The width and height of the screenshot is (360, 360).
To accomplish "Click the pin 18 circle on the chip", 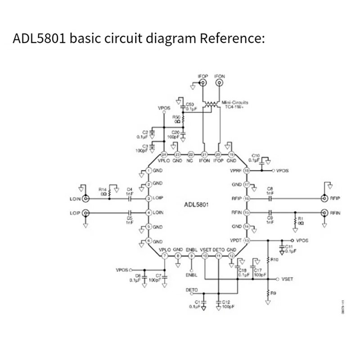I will click(247, 171).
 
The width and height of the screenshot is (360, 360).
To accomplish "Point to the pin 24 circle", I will click(164, 154).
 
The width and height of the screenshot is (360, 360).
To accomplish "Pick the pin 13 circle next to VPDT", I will click(247, 240).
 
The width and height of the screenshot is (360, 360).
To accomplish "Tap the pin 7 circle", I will click(164, 256).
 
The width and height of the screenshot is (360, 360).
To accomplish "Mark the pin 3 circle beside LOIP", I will click(148, 198).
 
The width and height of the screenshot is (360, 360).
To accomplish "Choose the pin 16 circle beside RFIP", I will click(247, 198).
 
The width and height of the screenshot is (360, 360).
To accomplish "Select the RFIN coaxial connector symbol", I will click(324, 212).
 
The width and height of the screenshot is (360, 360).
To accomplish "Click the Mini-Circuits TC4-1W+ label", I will click(234, 105).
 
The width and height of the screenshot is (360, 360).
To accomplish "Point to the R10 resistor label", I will click(275, 260).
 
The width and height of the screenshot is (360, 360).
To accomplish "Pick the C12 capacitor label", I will click(226, 302).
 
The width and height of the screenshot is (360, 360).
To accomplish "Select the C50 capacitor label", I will click(190, 104).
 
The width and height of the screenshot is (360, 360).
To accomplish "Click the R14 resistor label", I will click(102, 189).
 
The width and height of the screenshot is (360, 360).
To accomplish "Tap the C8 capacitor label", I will click(270, 189).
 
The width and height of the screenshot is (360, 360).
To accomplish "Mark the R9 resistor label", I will click(274, 293).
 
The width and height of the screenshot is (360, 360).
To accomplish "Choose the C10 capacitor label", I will click(256, 155).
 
